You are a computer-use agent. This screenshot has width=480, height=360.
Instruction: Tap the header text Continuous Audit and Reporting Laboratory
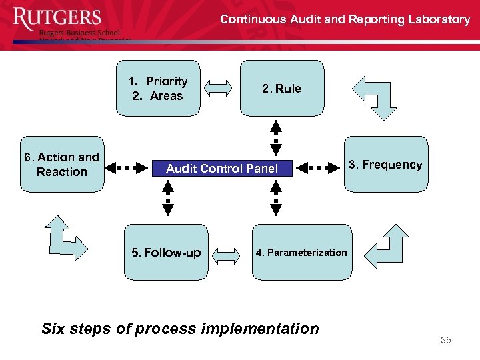coord(345,19)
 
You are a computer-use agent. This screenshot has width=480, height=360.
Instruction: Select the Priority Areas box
coord(158,89)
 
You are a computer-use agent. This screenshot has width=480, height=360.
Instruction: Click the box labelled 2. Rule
coord(281,89)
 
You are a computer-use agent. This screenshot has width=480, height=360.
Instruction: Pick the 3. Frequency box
coord(386,165)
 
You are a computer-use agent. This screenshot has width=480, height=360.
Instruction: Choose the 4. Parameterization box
coord(301,253)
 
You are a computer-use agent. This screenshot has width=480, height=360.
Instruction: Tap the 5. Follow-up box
coord(166,253)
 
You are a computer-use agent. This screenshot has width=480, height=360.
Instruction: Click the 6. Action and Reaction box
coord(62,165)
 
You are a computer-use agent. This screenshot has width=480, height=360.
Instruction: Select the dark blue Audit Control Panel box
coord(222,169)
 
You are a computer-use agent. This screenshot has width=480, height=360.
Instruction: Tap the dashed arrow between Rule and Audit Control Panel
coord(276,139)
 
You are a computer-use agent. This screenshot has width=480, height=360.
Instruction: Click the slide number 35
coord(446,341)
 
